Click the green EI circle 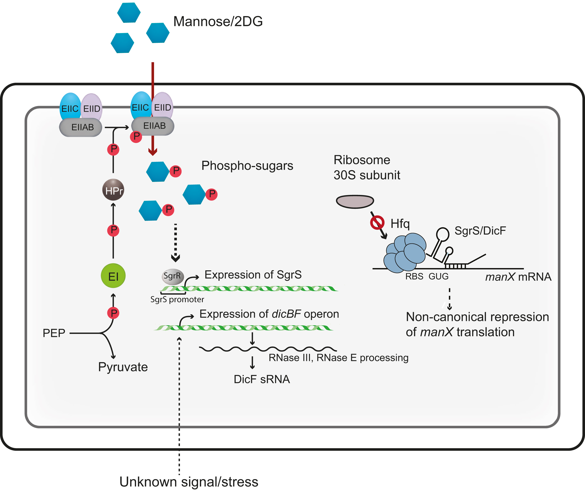tap(113, 276)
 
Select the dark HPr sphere tap(113, 190)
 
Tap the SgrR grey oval tap(173, 276)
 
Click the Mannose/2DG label tap(218, 21)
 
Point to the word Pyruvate tap(123, 367)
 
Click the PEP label tap(54, 333)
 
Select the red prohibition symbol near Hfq tap(377, 222)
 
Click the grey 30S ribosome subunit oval tap(355, 202)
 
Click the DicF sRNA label tap(262, 379)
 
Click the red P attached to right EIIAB tap(136, 137)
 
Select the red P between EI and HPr tap(113, 230)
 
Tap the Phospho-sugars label tap(247, 165)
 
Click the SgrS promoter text tap(177, 299)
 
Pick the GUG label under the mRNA tap(438, 277)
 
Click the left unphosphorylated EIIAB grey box tap(81, 127)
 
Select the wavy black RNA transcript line tap(267, 349)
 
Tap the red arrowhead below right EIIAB tap(153, 152)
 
